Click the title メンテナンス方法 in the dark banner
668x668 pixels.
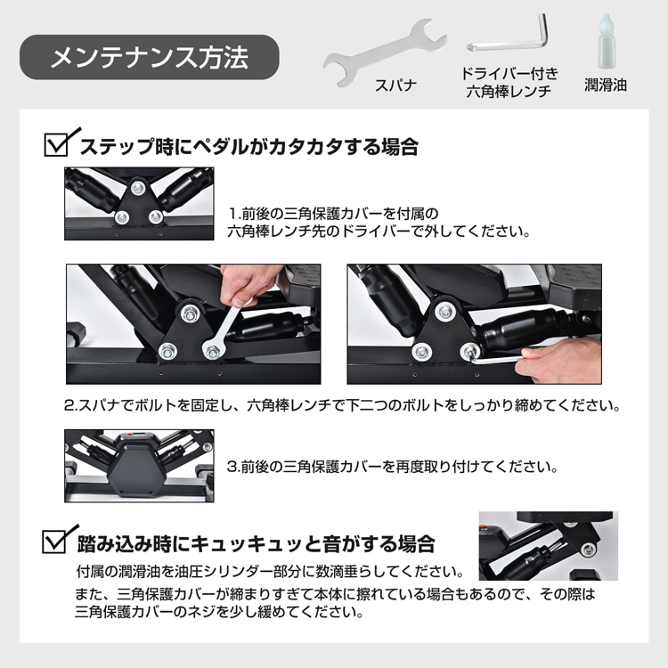[x=149, y=58]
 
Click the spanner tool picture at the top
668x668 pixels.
[x=384, y=52]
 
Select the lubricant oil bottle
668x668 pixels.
[x=607, y=41]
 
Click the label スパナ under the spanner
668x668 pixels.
[x=395, y=86]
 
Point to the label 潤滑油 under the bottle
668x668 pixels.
[x=606, y=85]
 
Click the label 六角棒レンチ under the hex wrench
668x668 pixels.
[x=509, y=92]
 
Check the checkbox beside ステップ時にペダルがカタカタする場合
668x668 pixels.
[x=57, y=145]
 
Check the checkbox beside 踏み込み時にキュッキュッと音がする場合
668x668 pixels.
[x=55, y=542]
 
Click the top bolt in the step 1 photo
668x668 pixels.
[x=137, y=187]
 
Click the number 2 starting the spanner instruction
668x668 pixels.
[x=69, y=404]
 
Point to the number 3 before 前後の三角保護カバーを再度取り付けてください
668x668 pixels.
[x=232, y=467]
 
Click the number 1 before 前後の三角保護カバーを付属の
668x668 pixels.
[x=232, y=213]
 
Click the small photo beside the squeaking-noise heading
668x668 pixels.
[x=549, y=546]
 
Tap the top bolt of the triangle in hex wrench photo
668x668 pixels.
[x=445, y=312]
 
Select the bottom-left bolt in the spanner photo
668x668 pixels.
[x=167, y=351]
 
